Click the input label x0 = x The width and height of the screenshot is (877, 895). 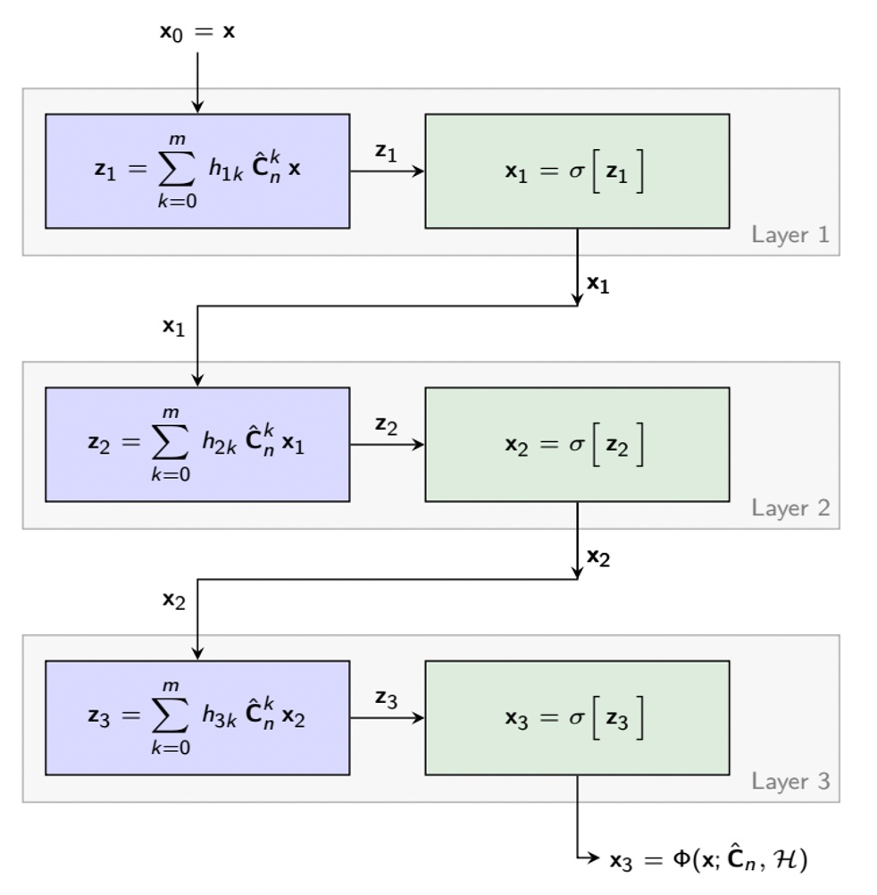(x=197, y=32)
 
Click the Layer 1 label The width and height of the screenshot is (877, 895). (x=789, y=235)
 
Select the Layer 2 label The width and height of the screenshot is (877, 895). (x=789, y=508)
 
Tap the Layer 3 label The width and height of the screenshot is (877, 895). (x=789, y=782)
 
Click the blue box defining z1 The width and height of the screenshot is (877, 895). (x=197, y=171)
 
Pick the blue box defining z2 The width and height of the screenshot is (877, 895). (x=197, y=444)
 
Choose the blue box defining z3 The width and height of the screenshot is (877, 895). (x=197, y=717)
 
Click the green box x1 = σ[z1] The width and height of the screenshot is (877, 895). (x=577, y=171)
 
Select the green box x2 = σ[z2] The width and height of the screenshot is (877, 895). (x=577, y=444)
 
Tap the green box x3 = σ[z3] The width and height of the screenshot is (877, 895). (x=577, y=717)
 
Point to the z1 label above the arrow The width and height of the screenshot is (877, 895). (x=386, y=152)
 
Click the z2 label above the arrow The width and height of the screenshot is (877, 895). (x=386, y=425)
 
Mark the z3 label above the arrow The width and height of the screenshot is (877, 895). (x=386, y=698)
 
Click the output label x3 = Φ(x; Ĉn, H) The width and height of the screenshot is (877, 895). (x=708, y=859)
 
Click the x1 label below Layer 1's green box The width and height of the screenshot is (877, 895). (x=597, y=284)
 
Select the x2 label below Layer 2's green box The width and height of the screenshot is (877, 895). (x=597, y=557)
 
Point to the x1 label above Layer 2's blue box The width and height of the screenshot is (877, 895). (x=173, y=326)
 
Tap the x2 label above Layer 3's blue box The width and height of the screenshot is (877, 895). (x=173, y=599)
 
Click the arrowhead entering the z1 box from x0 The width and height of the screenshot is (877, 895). (x=197, y=107)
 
